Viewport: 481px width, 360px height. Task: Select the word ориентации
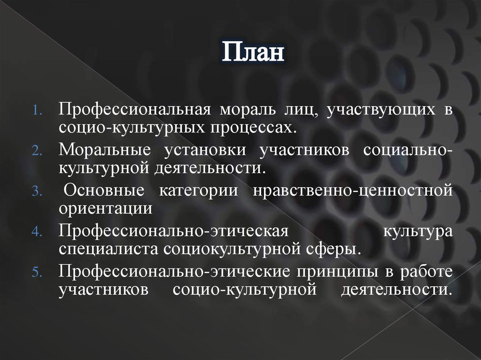tap(105, 208)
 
